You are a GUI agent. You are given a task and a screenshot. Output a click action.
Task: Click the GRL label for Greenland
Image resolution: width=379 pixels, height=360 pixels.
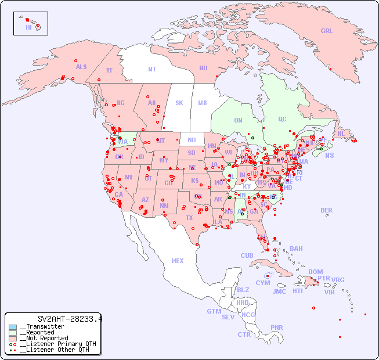pyautogui.click(x=327, y=31)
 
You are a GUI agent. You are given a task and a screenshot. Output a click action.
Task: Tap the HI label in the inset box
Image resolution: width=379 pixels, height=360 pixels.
pyautogui.click(x=28, y=27)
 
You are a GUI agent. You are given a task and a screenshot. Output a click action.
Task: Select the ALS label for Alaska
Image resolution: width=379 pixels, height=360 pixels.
pyautogui.click(x=81, y=67)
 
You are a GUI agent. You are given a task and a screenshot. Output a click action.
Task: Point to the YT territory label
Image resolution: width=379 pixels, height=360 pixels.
pyautogui.click(x=109, y=70)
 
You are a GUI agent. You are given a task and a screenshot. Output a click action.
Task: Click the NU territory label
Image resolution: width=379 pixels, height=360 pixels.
pyautogui.click(x=203, y=68)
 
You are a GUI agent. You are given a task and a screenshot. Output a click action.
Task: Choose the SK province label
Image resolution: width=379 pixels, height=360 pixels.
pyautogui.click(x=179, y=103)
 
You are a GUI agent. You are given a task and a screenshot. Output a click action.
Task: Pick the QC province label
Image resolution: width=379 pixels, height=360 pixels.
pyautogui.click(x=282, y=119)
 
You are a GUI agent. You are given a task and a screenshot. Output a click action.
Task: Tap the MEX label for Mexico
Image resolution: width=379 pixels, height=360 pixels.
pyautogui.click(x=178, y=261)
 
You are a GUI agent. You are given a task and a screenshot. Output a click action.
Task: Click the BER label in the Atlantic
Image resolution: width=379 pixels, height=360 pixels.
pyautogui.click(x=326, y=210)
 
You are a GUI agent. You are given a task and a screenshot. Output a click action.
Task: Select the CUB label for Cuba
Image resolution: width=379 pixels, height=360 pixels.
pyautogui.click(x=247, y=255)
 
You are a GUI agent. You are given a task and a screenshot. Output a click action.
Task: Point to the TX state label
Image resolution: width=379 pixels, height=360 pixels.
pyautogui.click(x=189, y=218)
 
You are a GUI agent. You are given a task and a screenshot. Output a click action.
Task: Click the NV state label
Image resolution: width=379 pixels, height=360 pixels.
pyautogui.click(x=129, y=177)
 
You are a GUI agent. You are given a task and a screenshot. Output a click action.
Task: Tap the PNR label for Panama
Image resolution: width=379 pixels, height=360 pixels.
pyautogui.click(x=277, y=327)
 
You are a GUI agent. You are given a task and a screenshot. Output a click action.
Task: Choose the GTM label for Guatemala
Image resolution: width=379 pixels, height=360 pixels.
pyautogui.click(x=214, y=311)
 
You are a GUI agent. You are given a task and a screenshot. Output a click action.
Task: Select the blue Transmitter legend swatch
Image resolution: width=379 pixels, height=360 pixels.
pyautogui.click(x=13, y=327)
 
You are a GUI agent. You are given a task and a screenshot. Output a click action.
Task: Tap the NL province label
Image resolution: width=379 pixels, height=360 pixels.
pyautogui.click(x=341, y=133)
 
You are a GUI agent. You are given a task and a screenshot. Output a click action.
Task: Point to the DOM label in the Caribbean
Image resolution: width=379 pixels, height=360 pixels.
pyautogui.click(x=315, y=272)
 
